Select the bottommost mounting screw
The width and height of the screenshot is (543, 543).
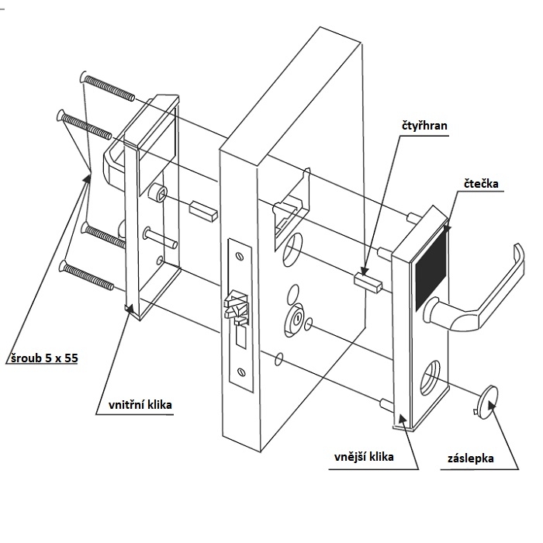(x=92, y=277)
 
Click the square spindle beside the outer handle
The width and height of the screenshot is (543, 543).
(x=368, y=281)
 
